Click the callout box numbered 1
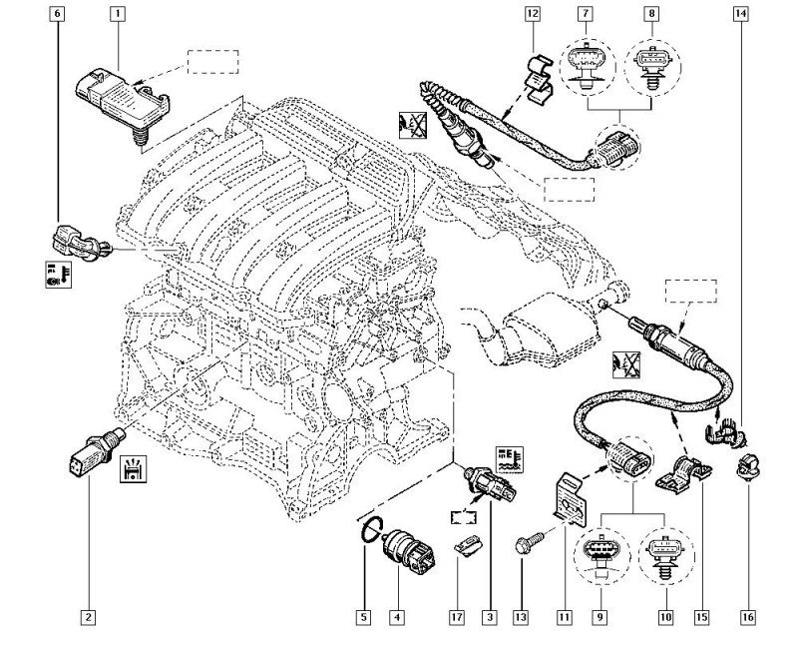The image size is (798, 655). (118, 15)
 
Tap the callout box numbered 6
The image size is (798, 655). (57, 15)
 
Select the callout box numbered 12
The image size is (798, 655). (533, 14)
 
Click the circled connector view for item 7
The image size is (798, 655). (586, 66)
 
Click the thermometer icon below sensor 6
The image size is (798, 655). (55, 276)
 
